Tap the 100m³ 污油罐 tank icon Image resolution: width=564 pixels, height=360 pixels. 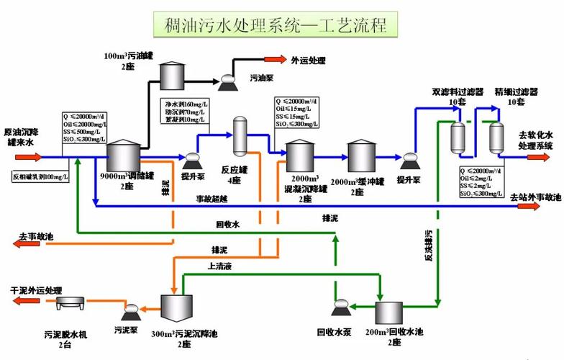(x=172, y=73)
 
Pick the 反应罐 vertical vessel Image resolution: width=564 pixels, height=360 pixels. (x=240, y=138)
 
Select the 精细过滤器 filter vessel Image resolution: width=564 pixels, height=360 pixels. (x=496, y=138)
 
